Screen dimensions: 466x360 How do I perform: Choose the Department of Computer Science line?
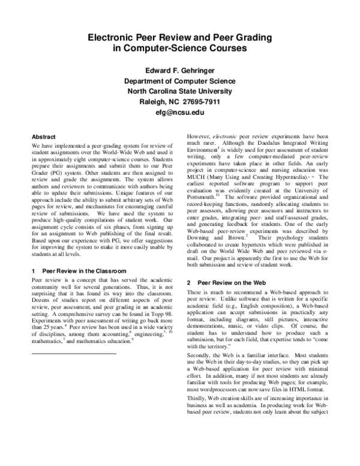click(180, 80)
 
